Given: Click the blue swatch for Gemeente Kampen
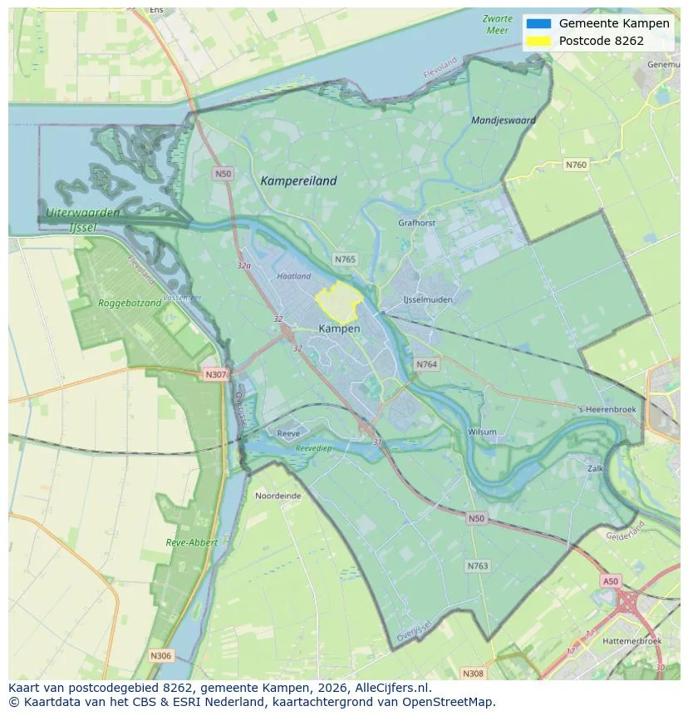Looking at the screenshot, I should point(538,23).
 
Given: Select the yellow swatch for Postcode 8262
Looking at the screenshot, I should point(538,41).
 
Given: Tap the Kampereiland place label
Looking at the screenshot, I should point(298,180).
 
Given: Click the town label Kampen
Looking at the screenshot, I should point(339,328).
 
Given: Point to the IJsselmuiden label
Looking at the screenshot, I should point(427,299).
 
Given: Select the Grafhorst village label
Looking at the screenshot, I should point(416,223).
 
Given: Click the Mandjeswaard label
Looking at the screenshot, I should point(503,121).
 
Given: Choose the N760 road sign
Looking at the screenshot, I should point(576,165).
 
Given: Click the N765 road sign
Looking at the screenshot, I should point(345,259).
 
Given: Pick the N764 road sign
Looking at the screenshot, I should point(427,364).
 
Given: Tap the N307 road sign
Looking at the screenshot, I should point(215,374).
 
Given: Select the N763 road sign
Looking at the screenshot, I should point(477,566).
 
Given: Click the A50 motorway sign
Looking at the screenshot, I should point(611,581).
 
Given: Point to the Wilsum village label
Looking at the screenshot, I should point(482,432).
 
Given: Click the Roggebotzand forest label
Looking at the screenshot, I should point(130,304).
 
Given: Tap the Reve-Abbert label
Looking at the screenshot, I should point(191,542).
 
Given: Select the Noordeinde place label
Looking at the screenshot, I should point(278,495).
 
